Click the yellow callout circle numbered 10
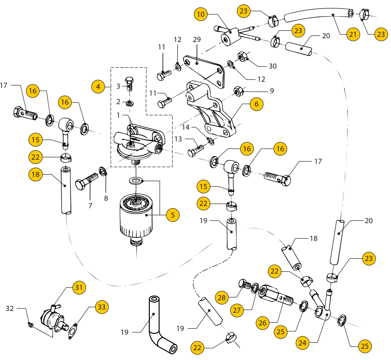click(x=201, y=14)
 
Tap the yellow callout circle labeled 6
click(x=256, y=105)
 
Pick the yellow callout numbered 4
click(x=98, y=86)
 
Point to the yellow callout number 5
click(x=172, y=215)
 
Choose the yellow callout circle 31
click(x=78, y=288)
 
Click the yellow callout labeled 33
click(x=101, y=307)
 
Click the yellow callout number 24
click(x=303, y=343)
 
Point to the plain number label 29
click(x=196, y=40)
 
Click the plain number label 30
click(x=272, y=66)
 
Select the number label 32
click(x=10, y=309)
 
